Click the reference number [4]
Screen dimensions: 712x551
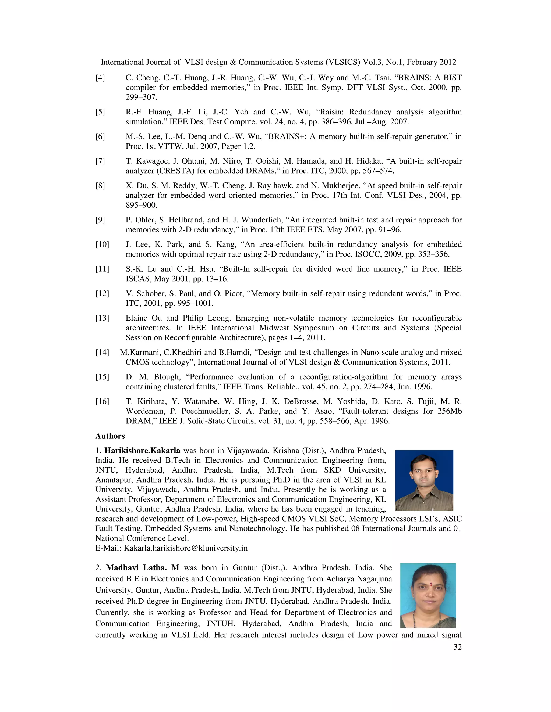pyautogui.click(x=100, y=78)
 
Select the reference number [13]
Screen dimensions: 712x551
pyautogui.click(x=102, y=318)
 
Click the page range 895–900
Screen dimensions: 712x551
pyautogui.click(x=141, y=205)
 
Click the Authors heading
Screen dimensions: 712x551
pyautogui.click(x=110, y=436)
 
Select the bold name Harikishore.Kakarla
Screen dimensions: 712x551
pyautogui.click(x=142, y=451)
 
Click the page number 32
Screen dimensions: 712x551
pyautogui.click(x=457, y=648)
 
